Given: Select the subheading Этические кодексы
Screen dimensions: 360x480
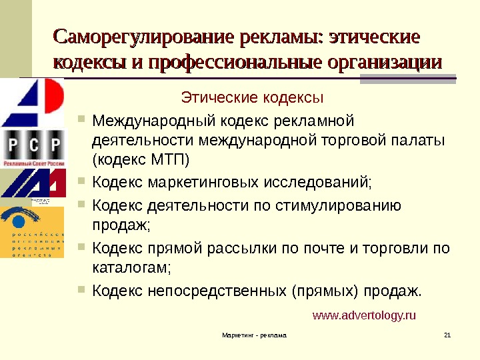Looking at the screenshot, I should pyautogui.click(x=253, y=99).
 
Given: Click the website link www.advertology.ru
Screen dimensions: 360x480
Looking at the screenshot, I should pyautogui.click(x=364, y=315).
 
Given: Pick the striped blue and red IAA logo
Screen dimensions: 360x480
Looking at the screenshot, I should pyautogui.click(x=33, y=183).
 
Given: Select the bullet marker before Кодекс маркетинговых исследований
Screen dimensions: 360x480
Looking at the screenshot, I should pyautogui.click(x=82, y=180).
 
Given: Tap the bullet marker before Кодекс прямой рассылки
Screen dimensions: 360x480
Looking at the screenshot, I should pyautogui.click(x=82, y=248).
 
